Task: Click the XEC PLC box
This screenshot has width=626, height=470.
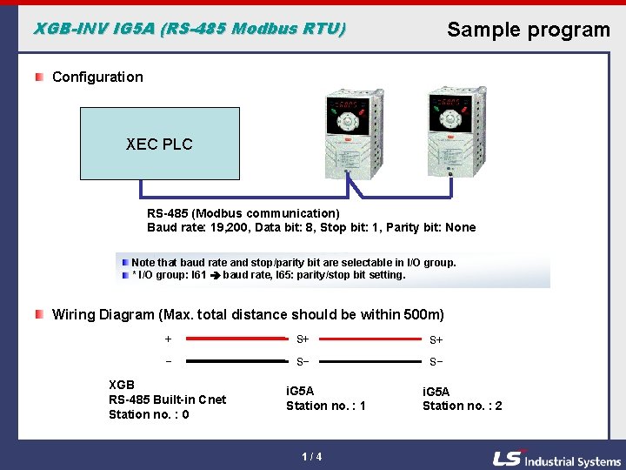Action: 159,144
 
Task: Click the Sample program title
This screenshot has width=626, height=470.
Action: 528,30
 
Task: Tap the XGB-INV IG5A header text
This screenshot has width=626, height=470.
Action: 189,29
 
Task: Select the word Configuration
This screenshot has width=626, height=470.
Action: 97,77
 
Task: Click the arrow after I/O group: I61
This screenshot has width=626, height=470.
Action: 214,276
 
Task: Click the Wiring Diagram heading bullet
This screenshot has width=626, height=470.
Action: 40,313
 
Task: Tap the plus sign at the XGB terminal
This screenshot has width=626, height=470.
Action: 168,339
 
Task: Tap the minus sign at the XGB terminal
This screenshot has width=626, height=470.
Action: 168,360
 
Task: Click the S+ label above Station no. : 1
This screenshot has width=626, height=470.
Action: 303,339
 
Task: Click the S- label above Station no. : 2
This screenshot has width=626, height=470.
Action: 436,361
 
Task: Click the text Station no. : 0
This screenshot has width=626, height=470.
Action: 150,414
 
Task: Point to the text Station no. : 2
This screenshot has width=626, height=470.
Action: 462,406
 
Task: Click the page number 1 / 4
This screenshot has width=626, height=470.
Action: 312,457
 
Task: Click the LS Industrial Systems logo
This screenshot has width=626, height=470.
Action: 556,460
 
